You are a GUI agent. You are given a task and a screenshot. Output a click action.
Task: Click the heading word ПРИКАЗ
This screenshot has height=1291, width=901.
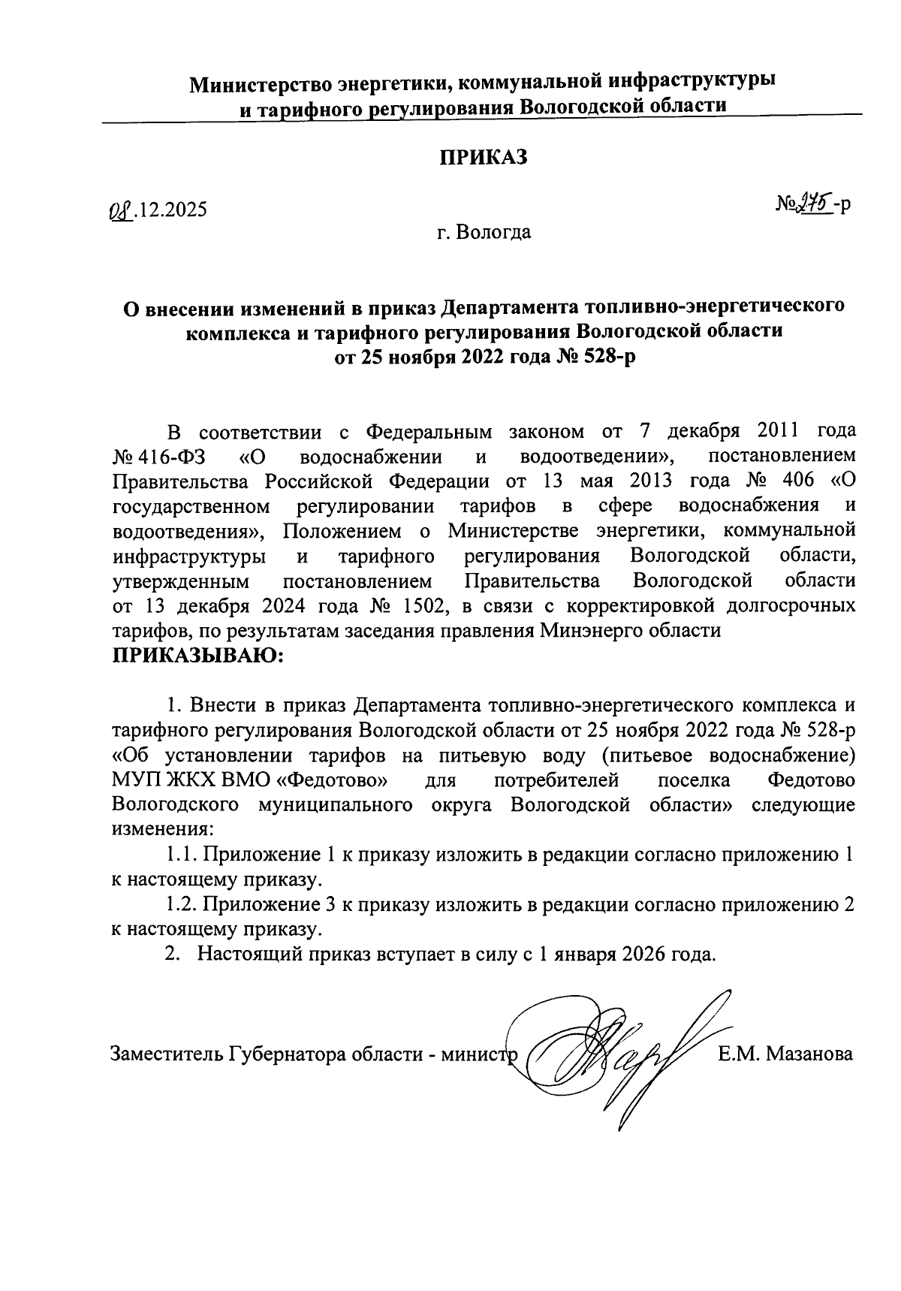coord(484,157)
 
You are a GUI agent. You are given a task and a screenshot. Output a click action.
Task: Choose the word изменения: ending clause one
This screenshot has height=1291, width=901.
coord(162,830)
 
